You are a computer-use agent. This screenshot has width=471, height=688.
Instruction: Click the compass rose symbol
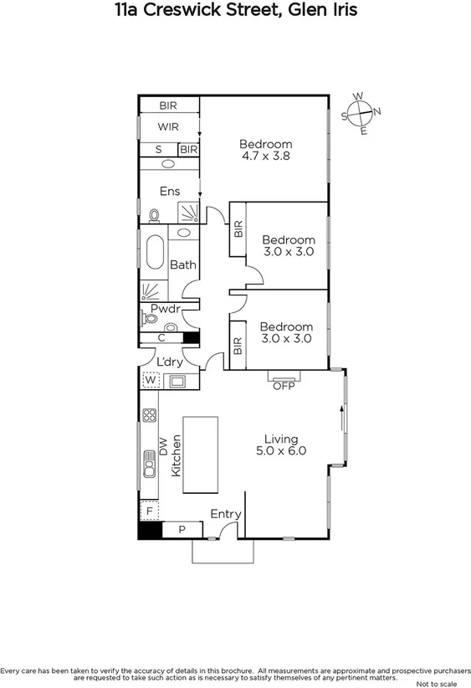(361, 113)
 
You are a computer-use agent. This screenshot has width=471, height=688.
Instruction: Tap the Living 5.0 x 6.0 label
(285, 444)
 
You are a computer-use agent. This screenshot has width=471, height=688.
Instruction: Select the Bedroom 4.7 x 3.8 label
(265, 149)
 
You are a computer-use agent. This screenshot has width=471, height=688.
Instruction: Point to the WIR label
(169, 126)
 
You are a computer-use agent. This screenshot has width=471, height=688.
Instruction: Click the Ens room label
(170, 191)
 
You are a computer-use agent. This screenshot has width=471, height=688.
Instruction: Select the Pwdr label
(166, 308)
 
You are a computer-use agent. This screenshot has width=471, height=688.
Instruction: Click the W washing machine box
(151, 380)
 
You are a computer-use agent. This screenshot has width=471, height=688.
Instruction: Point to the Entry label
(225, 514)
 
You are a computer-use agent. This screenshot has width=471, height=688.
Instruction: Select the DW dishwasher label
(164, 446)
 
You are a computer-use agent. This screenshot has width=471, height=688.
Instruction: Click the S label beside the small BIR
(158, 149)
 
